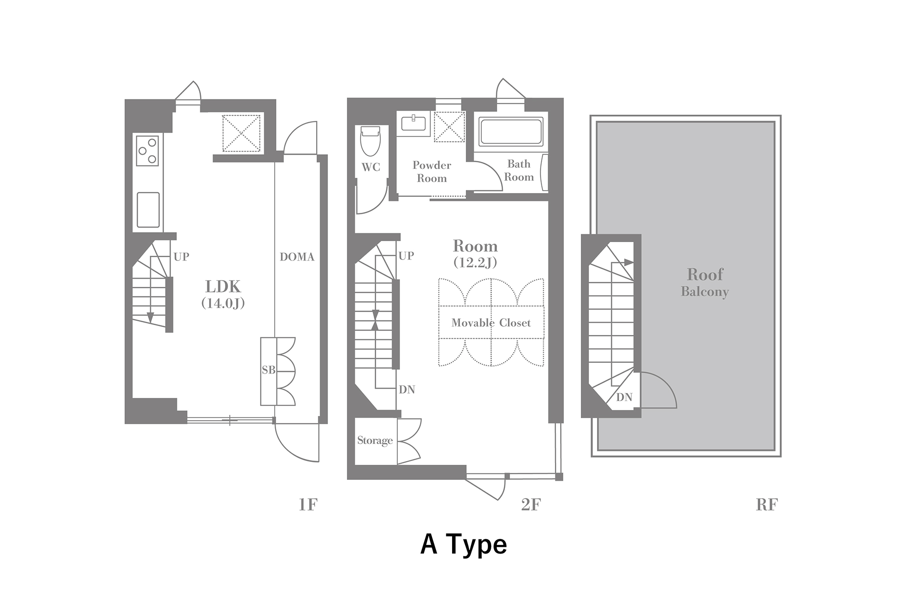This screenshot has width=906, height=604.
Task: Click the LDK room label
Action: (223, 286)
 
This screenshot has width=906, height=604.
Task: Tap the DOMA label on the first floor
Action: (297, 257)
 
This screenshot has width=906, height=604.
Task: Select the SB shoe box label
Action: (268, 370)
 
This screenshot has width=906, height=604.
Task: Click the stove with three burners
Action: (147, 151)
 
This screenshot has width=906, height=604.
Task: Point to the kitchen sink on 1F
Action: (148, 210)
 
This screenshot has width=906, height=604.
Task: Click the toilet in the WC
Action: (370, 141)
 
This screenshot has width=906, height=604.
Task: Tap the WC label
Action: (371, 167)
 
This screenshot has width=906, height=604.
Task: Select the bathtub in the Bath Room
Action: (511, 131)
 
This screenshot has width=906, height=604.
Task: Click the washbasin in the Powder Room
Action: (413, 124)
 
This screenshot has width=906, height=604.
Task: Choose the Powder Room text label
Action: (432, 172)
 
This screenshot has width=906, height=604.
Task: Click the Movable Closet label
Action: (491, 323)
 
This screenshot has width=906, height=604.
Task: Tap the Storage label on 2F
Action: (375, 441)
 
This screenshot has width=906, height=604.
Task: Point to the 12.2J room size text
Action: (475, 263)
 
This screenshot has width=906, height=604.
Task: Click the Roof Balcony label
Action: (705, 282)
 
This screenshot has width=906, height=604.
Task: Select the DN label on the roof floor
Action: (624, 397)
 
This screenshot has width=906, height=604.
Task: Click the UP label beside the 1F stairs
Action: (181, 257)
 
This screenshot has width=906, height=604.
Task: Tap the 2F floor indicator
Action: (531, 505)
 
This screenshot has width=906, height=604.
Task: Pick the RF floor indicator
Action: (767, 505)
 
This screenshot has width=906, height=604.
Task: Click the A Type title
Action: (464, 545)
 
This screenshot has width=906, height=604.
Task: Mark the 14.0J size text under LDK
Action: (223, 303)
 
